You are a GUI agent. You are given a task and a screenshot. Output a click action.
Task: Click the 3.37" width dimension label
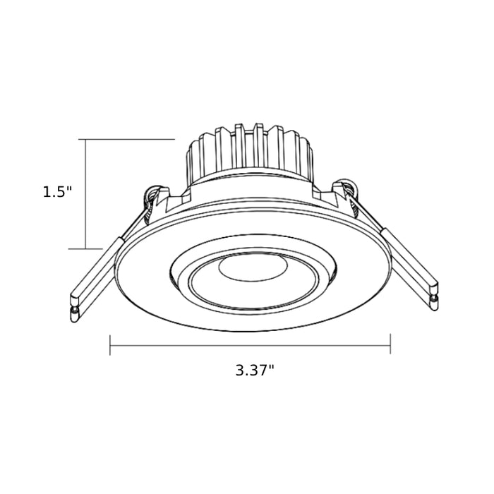point(255,370)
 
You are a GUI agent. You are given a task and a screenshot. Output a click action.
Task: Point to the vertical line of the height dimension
point(86,194)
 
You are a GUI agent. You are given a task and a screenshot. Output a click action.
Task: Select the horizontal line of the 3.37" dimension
point(251,345)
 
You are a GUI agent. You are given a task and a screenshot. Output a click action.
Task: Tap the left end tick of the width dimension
point(111,345)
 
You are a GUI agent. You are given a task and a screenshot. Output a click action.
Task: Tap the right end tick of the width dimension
point(390,345)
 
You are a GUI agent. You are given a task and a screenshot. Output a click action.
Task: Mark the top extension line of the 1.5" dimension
point(127,140)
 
